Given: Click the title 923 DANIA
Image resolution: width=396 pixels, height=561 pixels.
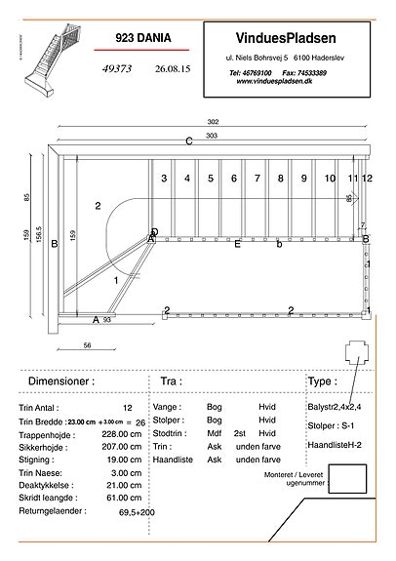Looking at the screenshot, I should click(142, 38).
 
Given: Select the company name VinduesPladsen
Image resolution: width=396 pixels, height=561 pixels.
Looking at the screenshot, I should click(287, 37).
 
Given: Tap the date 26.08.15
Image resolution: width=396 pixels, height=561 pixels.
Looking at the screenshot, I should click(172, 70).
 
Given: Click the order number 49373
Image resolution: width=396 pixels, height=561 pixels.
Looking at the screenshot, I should click(120, 70).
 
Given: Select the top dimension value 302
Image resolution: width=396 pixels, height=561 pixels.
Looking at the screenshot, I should click(213, 121).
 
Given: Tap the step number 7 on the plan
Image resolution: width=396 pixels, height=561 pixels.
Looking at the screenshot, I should click(257, 179).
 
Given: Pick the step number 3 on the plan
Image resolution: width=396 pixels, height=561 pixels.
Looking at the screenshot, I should click(164, 179).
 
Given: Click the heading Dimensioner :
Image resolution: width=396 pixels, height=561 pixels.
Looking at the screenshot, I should click(61, 381).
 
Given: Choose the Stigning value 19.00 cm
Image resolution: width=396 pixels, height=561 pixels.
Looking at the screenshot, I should click(123, 459).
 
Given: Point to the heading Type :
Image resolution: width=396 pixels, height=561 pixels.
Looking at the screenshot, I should click(323, 381).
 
